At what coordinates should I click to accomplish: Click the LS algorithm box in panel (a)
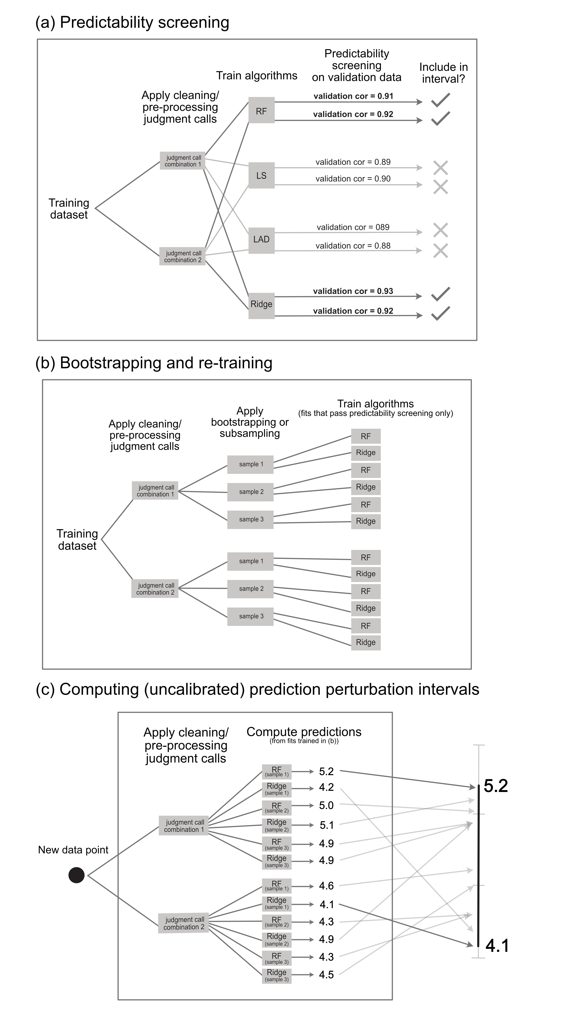pyautogui.click(x=261, y=176)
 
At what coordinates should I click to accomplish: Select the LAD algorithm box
pyautogui.click(x=261, y=239)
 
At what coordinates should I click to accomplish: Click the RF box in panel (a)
pyautogui.click(x=261, y=111)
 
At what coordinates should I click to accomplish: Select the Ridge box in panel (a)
pyautogui.click(x=261, y=304)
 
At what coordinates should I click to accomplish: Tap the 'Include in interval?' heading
pyautogui.click(x=443, y=73)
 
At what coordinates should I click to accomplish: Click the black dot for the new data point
pyautogui.click(x=76, y=875)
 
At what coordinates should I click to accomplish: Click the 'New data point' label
pyautogui.click(x=73, y=850)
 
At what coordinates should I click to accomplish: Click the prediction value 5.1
pyautogui.click(x=327, y=825)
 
